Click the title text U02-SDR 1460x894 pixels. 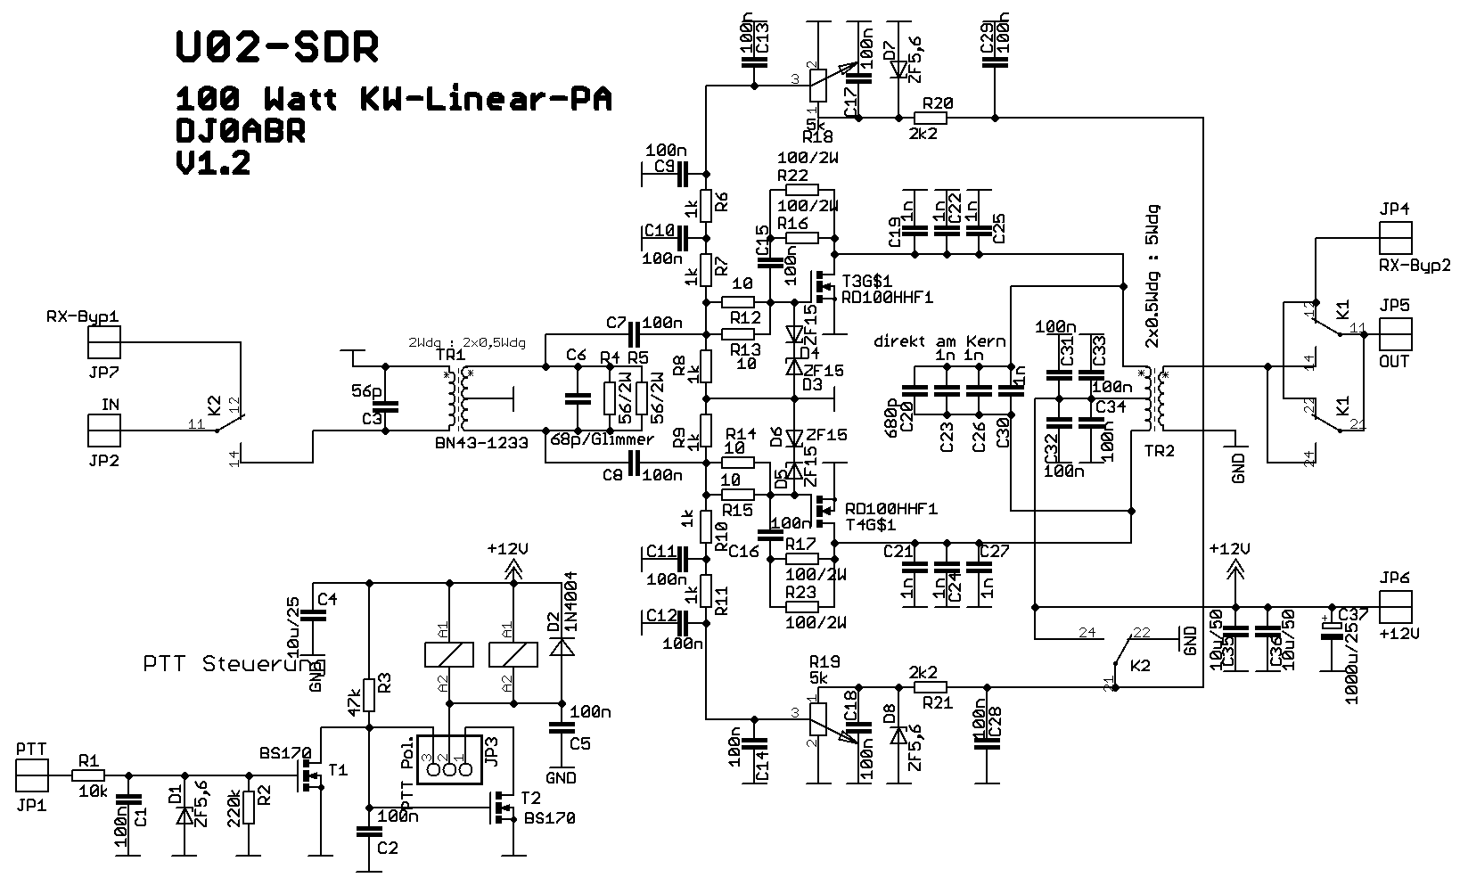(276, 48)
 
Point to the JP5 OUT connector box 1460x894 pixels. (1395, 335)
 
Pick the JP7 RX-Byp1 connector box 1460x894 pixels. (103, 341)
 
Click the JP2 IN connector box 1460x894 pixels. (103, 431)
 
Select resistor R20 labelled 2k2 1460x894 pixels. (932, 117)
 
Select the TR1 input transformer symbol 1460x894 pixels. (457, 400)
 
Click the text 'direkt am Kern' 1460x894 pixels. (939, 341)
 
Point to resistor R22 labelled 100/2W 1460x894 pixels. (802, 189)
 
